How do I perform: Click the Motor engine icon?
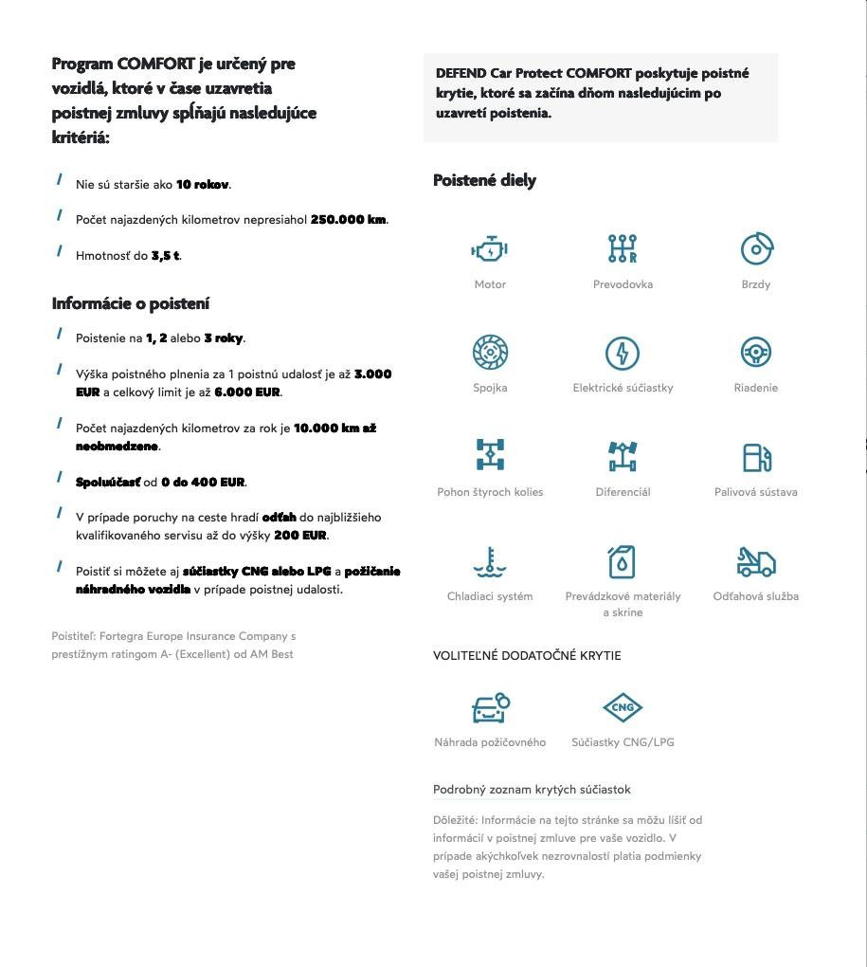click(490, 249)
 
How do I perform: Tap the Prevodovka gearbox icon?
click(623, 249)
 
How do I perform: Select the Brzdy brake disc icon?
click(756, 249)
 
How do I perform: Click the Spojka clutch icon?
click(490, 353)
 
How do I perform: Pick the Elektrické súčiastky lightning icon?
click(623, 353)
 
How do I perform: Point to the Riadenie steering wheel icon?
click(756, 353)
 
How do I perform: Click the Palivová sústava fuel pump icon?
click(756, 457)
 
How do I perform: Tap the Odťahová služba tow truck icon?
click(756, 561)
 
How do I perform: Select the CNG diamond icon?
click(623, 707)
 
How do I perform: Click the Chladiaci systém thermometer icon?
click(490, 561)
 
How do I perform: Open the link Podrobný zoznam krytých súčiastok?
click(532, 790)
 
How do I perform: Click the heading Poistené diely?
click(484, 180)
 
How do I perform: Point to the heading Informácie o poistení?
click(131, 303)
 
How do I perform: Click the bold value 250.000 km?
click(348, 220)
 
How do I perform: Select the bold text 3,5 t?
click(165, 256)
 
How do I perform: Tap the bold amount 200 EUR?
click(300, 536)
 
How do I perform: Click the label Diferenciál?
click(623, 492)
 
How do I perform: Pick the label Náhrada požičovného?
click(490, 742)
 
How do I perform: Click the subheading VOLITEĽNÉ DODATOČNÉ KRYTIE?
click(527, 656)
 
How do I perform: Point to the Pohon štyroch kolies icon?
click(490, 456)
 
